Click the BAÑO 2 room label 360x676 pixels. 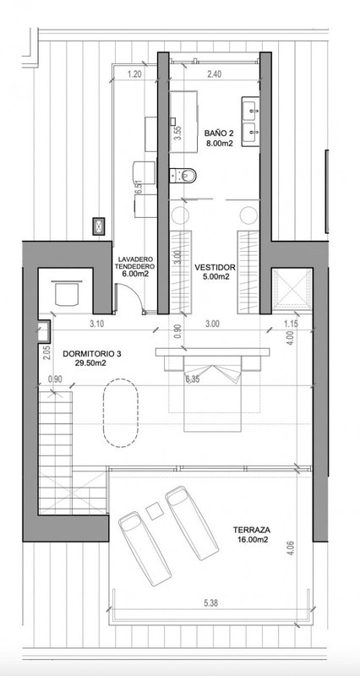point(219,134)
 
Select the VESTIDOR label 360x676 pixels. point(215,267)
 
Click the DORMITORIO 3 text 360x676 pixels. point(92,354)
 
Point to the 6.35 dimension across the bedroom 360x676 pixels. point(194,379)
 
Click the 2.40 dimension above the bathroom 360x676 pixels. point(215,74)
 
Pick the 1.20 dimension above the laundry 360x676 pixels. point(134,74)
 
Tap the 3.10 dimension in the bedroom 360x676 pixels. point(95,324)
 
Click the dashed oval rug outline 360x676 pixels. point(103,413)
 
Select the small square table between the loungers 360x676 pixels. point(153,511)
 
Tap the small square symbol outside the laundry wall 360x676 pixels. point(99,226)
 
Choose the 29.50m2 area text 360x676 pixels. point(90,363)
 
